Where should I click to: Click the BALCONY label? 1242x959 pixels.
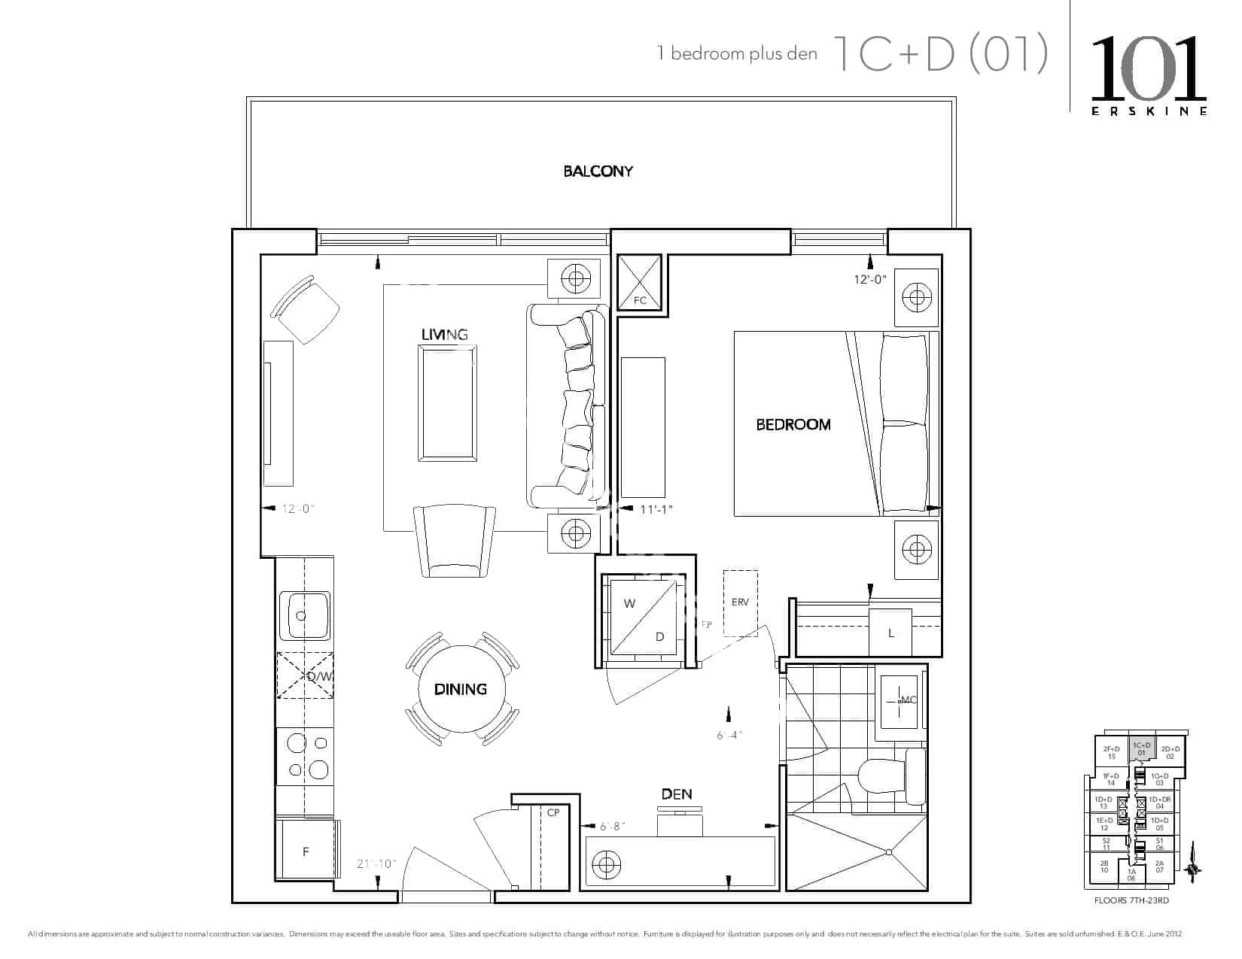(x=598, y=171)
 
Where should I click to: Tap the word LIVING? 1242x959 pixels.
(x=444, y=335)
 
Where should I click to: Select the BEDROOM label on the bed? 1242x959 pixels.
(x=793, y=425)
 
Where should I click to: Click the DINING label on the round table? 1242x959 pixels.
(x=461, y=689)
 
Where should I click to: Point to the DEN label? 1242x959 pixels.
(x=677, y=794)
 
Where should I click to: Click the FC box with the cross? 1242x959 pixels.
(x=640, y=282)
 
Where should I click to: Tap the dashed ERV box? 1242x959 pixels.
(x=741, y=602)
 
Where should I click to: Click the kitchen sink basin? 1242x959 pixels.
(x=305, y=615)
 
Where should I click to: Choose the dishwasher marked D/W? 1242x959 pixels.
(x=306, y=675)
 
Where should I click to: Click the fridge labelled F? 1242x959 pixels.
(x=306, y=851)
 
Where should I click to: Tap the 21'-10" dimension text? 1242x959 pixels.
(x=376, y=864)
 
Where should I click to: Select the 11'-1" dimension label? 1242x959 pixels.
(x=656, y=509)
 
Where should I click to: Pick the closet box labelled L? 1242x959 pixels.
(x=890, y=633)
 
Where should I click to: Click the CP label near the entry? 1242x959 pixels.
(x=553, y=813)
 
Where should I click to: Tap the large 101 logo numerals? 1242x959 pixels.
(x=1149, y=69)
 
